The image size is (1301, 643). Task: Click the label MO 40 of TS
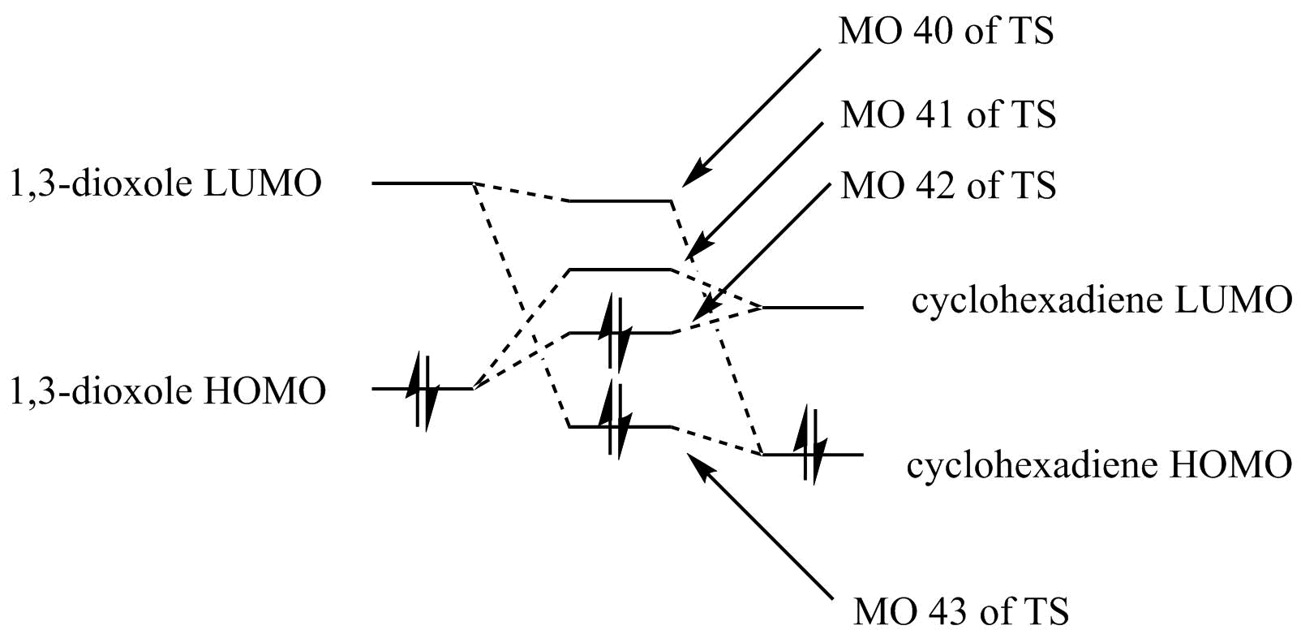[x=946, y=32]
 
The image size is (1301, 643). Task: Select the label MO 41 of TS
[x=948, y=114]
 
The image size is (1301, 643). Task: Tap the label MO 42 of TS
[x=948, y=186]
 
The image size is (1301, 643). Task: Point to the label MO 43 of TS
[x=960, y=611]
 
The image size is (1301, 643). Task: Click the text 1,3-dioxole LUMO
[x=165, y=183]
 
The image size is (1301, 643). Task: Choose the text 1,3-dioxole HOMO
[x=167, y=391]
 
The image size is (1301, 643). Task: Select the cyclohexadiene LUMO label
[x=1101, y=300]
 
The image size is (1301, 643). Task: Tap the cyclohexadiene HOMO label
[x=1098, y=465]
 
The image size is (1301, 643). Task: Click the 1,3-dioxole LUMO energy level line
[x=422, y=183]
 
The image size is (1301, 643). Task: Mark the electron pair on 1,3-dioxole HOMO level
[x=424, y=391]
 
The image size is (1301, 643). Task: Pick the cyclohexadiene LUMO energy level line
[x=813, y=308]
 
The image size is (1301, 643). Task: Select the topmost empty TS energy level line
[x=620, y=200]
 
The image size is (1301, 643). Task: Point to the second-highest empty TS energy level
[x=620, y=269]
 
